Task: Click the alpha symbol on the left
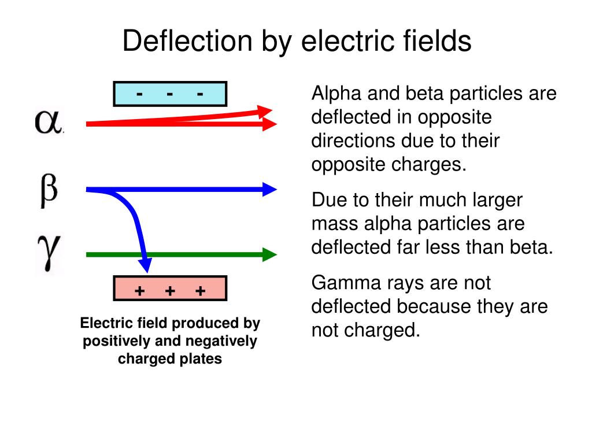pyautogui.click(x=49, y=122)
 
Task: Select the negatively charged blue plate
pyautogui.click(x=170, y=94)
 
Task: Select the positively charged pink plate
pyautogui.click(x=170, y=288)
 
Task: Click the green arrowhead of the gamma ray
pyautogui.click(x=269, y=254)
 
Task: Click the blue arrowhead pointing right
pyautogui.click(x=270, y=189)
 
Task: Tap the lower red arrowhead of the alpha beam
pyautogui.click(x=270, y=124)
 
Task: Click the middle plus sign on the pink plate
pyautogui.click(x=170, y=291)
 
